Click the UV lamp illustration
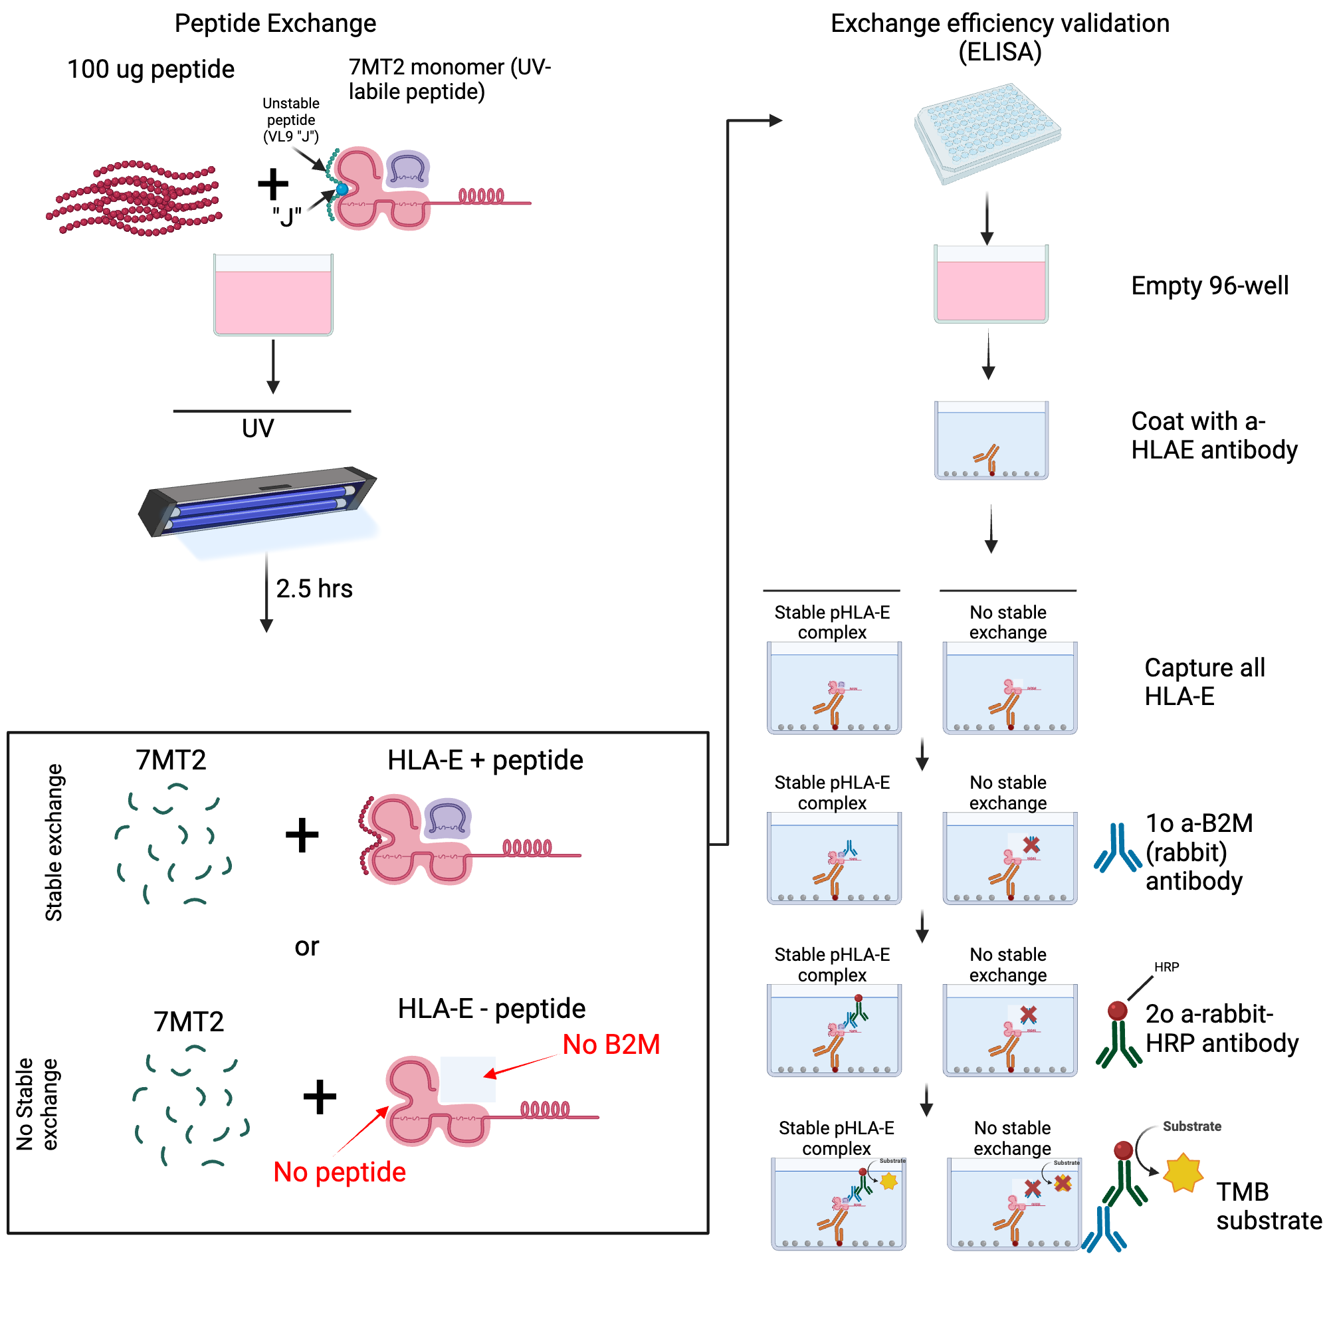pyautogui.click(x=258, y=502)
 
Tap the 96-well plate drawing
pyautogui.click(x=988, y=134)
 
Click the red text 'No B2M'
pyautogui.click(x=611, y=1045)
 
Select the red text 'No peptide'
pyautogui.click(x=339, y=1173)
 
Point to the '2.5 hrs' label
pyautogui.click(x=314, y=589)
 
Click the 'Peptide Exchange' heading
pyautogui.click(x=275, y=23)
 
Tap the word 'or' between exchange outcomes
pyautogui.click(x=307, y=947)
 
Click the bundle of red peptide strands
pyautogui.click(x=134, y=198)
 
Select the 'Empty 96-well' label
pyautogui.click(x=1210, y=285)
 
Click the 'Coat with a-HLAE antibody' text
pyautogui.click(x=1213, y=435)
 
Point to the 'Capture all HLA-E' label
pyautogui.click(x=1204, y=682)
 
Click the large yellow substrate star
pyautogui.click(x=1183, y=1173)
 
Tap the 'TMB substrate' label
pyautogui.click(x=1268, y=1206)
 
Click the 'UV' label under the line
pyautogui.click(x=258, y=429)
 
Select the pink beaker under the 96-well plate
pyautogui.click(x=991, y=284)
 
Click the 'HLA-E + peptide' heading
pyautogui.click(x=485, y=761)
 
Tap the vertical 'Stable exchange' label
pyautogui.click(x=54, y=843)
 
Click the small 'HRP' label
pyautogui.click(x=1167, y=967)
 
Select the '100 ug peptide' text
pyautogui.click(x=151, y=70)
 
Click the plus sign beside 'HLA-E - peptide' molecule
pyautogui.click(x=320, y=1097)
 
